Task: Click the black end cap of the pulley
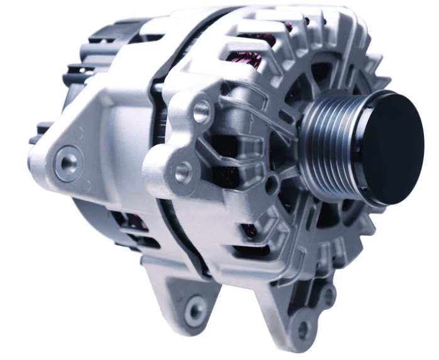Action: click(x=386, y=149)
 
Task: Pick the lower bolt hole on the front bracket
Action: click(x=183, y=171)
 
